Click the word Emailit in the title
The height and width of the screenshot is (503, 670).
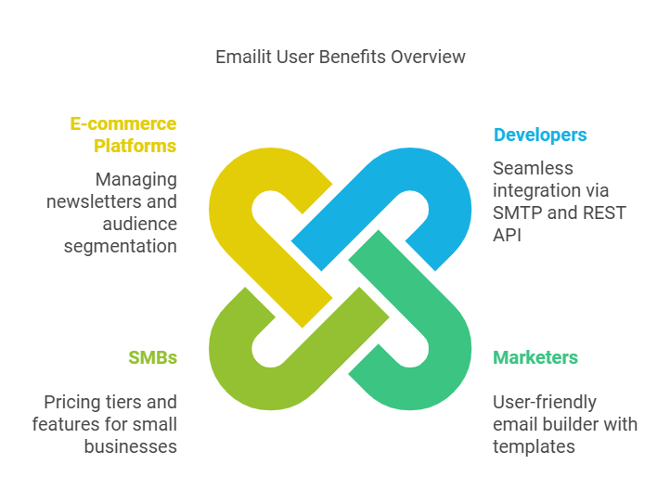(x=244, y=58)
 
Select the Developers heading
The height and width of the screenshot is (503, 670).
(x=540, y=135)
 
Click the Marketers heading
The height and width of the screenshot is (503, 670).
(x=535, y=357)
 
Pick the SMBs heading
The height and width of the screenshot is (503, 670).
(x=152, y=357)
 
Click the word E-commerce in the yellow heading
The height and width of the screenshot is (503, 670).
(x=123, y=123)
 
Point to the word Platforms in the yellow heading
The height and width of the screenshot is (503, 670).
(x=135, y=146)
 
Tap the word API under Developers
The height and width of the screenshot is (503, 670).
(x=508, y=235)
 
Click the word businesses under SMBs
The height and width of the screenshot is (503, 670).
(x=131, y=446)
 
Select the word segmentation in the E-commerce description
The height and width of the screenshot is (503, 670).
(x=121, y=246)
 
